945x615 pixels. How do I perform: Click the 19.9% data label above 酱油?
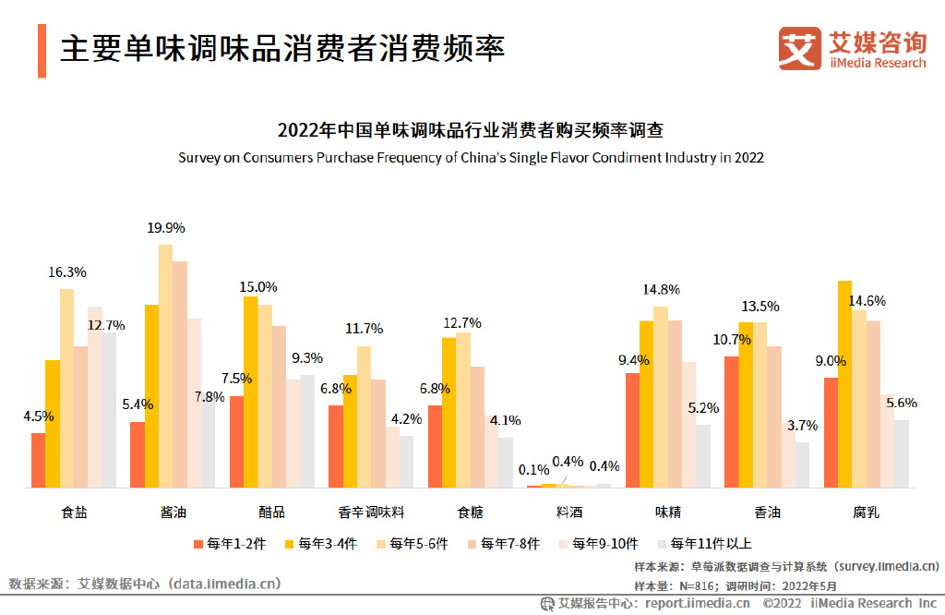tap(166, 227)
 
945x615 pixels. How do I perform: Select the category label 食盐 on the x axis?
tap(74, 512)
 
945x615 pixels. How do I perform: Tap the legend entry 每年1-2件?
tap(230, 544)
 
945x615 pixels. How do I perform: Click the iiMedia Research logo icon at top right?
tap(799, 48)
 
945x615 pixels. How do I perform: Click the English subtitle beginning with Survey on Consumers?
tap(471, 157)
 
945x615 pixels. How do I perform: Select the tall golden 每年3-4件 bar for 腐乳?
tap(844, 383)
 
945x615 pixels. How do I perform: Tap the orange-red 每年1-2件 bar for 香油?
tap(731, 421)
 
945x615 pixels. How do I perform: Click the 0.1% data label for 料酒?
tap(533, 469)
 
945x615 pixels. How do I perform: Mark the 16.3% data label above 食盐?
tap(66, 271)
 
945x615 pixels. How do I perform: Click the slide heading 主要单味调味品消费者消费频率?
tap(282, 48)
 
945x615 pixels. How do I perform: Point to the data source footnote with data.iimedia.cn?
tap(145, 584)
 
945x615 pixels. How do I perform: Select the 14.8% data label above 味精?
tap(661, 289)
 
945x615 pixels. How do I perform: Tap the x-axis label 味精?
tap(668, 512)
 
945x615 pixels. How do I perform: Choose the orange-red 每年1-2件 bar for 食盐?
tap(38, 460)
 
